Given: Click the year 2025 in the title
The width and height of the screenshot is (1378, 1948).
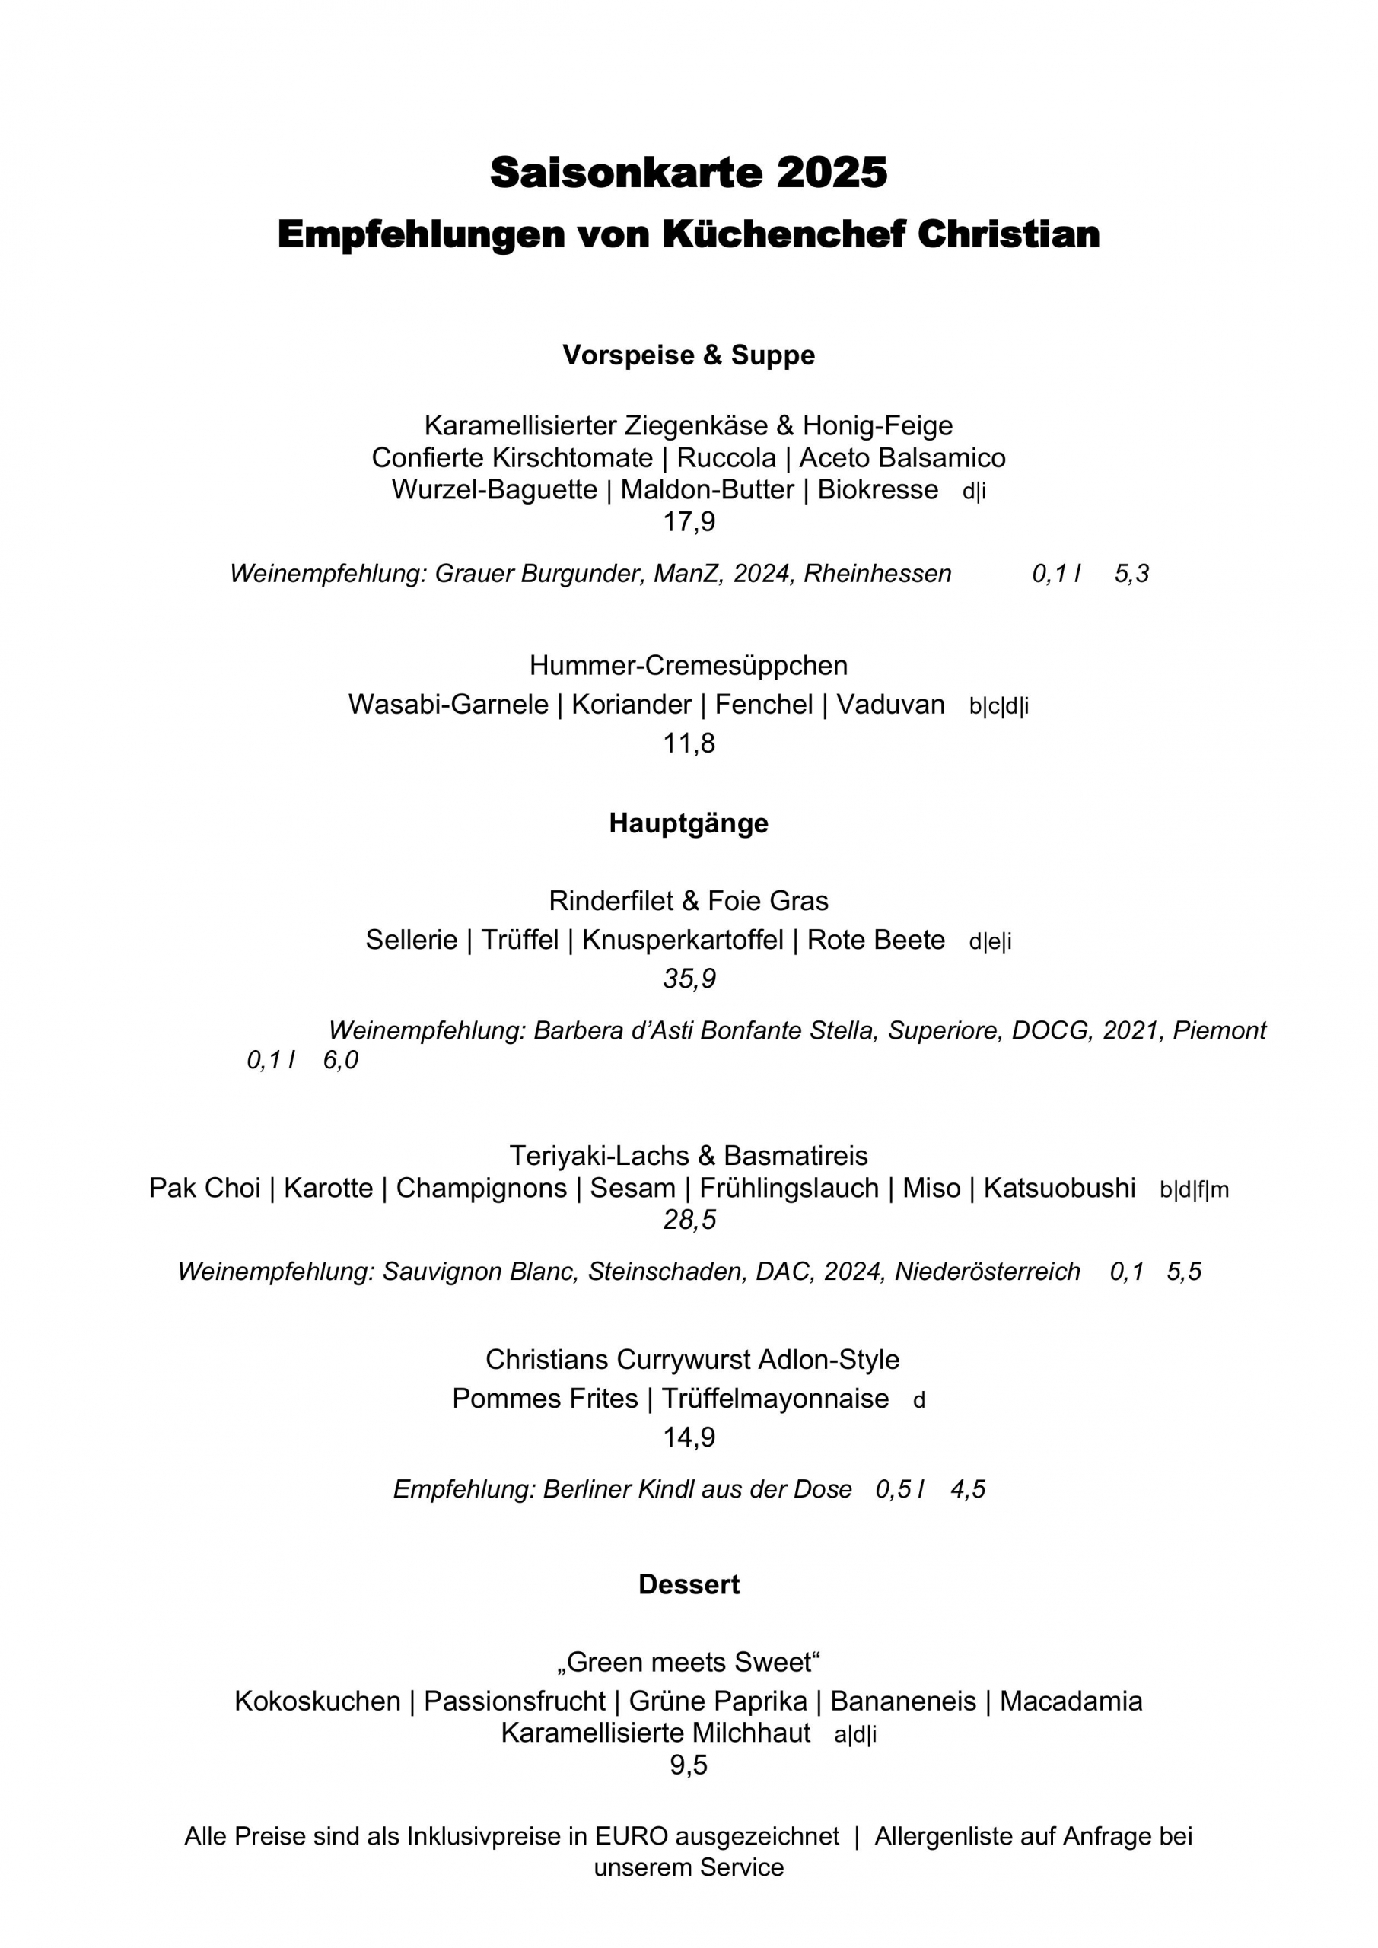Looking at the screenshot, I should click(831, 173).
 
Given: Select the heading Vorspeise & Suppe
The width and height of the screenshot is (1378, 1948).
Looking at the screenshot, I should click(688, 355).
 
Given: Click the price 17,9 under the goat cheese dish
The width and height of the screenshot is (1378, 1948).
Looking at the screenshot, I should click(688, 522).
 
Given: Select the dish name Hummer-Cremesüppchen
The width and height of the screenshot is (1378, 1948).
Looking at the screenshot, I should click(688, 665).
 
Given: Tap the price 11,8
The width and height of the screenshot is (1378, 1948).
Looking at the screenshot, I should click(688, 743).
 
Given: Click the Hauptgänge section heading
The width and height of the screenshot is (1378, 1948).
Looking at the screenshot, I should click(688, 823).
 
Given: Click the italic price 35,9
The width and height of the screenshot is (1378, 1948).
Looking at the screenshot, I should click(688, 979).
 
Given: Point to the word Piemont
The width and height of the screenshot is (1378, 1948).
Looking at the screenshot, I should click(1218, 1031).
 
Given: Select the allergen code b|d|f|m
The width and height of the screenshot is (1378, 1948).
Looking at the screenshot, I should click(1194, 1190).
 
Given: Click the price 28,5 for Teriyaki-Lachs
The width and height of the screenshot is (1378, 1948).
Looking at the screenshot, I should click(688, 1220).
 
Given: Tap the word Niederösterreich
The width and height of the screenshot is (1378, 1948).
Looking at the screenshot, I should click(987, 1272).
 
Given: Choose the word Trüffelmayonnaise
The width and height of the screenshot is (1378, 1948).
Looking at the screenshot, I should click(775, 1398).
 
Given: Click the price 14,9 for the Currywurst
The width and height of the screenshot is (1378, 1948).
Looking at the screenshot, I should click(688, 1437).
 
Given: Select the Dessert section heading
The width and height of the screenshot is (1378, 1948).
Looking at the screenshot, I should click(688, 1585).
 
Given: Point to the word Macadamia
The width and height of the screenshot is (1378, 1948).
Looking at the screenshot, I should click(1071, 1701).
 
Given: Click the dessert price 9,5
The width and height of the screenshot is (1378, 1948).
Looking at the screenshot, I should click(688, 1765).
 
